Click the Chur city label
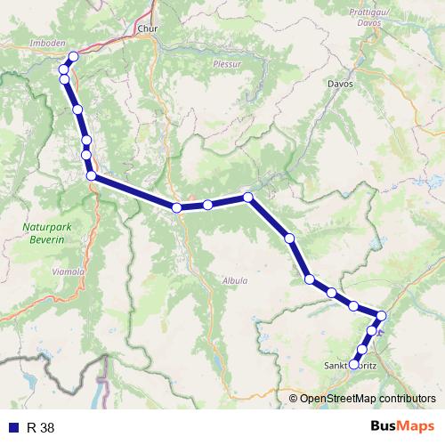(x=147, y=28)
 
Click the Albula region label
(x=235, y=280)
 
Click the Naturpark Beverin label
(x=42, y=234)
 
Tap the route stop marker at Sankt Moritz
(x=354, y=364)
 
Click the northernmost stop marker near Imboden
(x=73, y=57)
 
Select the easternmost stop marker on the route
(x=382, y=315)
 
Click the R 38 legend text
(x=41, y=427)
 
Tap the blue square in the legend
(x=12, y=427)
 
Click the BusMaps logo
(x=400, y=426)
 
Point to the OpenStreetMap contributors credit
(x=367, y=399)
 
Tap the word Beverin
(x=42, y=240)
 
